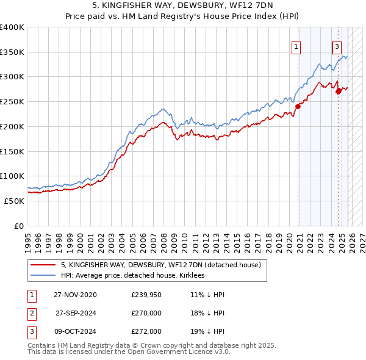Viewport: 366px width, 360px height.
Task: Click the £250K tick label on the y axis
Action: click(x=12, y=102)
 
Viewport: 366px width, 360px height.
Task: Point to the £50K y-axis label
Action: click(x=14, y=201)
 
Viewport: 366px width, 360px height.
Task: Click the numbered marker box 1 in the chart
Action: click(x=296, y=46)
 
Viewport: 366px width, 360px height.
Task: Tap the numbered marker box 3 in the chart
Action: click(x=337, y=46)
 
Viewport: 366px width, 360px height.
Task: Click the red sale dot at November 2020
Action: click(x=298, y=106)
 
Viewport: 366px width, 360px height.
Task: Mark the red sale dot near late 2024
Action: click(x=339, y=90)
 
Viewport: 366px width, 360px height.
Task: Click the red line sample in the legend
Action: click(x=43, y=265)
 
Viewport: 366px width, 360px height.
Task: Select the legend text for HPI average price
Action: click(x=132, y=276)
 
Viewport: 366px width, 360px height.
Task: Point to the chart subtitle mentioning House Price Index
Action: click(x=183, y=17)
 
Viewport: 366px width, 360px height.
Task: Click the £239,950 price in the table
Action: click(x=146, y=295)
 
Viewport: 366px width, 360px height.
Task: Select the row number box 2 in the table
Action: click(x=30, y=313)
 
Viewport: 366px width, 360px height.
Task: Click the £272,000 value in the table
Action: click(x=146, y=331)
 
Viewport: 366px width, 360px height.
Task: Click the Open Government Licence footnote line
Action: click(x=129, y=353)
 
